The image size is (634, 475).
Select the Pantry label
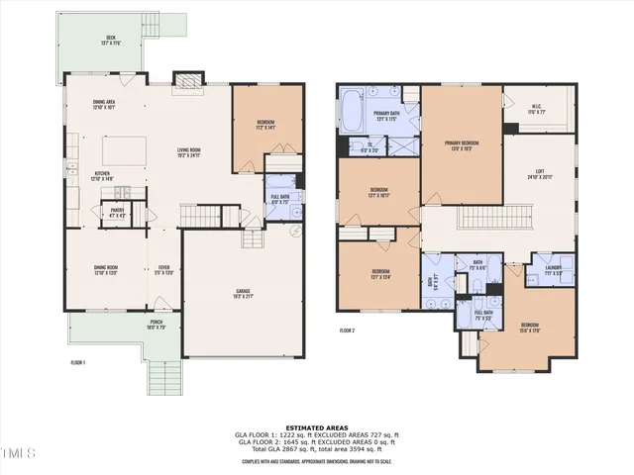[x=117, y=212]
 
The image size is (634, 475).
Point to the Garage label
[x=243, y=293]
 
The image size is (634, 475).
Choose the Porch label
[x=157, y=323]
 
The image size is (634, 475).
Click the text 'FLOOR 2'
[x=348, y=330]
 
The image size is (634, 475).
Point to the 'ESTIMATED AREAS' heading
[x=316, y=427]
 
